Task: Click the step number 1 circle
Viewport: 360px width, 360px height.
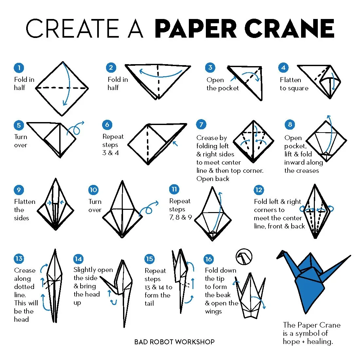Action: coord(19,68)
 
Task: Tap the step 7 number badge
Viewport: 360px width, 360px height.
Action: coord(201,124)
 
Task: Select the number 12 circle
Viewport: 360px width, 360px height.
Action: coord(259,190)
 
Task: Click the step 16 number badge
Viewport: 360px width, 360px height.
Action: coord(208,259)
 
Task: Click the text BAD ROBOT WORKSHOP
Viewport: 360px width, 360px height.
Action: coord(174,342)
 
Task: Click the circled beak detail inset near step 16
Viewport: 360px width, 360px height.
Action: coord(244,257)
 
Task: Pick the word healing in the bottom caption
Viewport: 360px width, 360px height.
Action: coord(319,342)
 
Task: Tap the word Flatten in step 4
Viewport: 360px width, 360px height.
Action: coord(290,80)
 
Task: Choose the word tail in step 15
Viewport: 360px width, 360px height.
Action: coord(149,303)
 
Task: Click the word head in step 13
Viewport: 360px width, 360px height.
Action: coord(21,319)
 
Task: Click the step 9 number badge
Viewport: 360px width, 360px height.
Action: coord(19,190)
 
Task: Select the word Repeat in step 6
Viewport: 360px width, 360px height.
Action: coord(113,136)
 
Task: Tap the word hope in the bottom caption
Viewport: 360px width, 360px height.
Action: coord(291,342)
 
